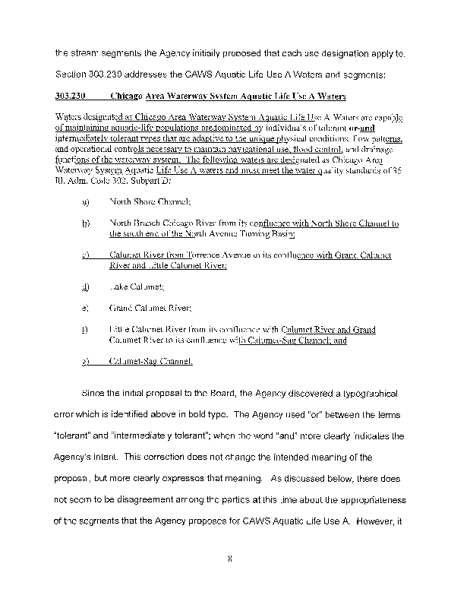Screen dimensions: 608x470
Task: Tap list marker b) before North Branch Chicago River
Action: coord(87,223)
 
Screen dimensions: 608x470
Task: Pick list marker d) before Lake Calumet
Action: coord(87,287)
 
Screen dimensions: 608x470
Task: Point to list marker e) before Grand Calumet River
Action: coord(87,309)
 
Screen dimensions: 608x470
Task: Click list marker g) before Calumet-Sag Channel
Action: coord(87,362)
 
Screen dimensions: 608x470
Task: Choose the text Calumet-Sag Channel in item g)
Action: coord(151,362)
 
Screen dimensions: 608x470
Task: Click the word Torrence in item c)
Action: coord(196,255)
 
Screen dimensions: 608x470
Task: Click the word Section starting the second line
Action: coord(73,74)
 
